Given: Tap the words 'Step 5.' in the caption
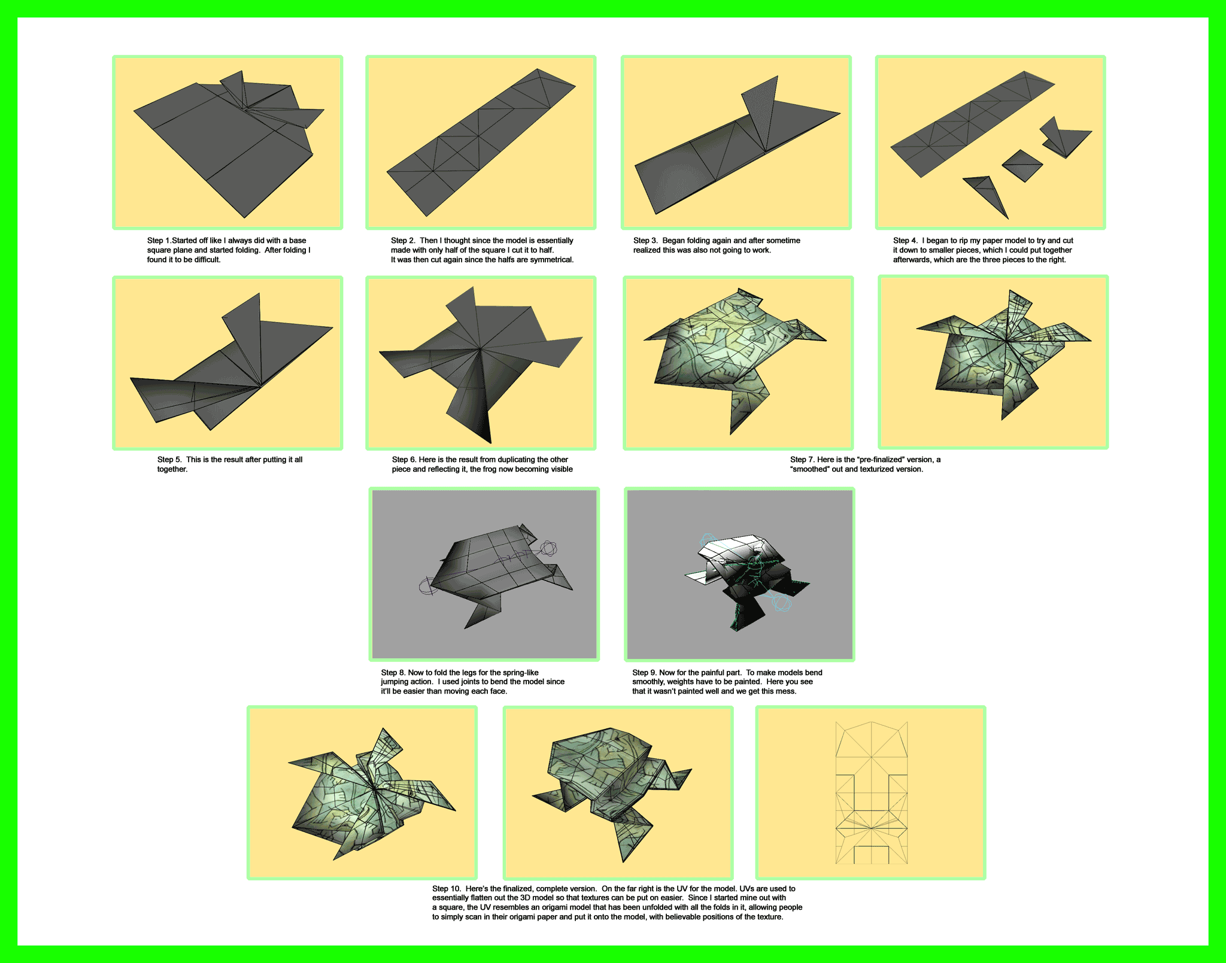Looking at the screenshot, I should [169, 460].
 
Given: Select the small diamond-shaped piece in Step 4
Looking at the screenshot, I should [1022, 166].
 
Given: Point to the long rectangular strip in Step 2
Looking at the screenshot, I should [481, 142].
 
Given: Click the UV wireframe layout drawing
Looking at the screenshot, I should [872, 793].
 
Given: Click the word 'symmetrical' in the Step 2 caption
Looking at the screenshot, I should [551, 260].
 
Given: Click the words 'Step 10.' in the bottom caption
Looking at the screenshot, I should [447, 889].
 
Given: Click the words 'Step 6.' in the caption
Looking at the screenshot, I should [404, 460].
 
